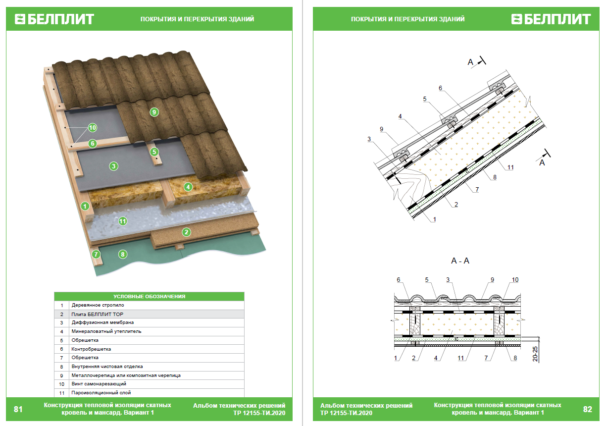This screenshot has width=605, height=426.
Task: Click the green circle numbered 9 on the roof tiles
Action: coord(154,112)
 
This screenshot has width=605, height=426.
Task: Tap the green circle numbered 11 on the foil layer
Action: coord(123,221)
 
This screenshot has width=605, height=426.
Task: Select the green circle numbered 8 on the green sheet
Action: coord(123,255)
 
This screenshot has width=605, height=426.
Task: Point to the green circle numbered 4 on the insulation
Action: coord(188,187)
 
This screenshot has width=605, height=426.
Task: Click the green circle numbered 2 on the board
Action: coord(186,231)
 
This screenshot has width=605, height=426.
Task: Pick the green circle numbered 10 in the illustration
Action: coord(92,128)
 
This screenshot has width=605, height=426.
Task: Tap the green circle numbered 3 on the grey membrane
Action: coord(114,166)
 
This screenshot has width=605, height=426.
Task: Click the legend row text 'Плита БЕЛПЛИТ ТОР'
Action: coord(98,314)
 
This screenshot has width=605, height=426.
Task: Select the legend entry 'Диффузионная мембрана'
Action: coord(102,322)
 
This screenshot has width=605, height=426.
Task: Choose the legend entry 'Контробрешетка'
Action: coord(91,349)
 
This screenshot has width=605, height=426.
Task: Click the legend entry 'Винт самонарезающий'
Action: coord(99,384)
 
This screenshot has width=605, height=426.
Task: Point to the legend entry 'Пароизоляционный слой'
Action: coord(101,392)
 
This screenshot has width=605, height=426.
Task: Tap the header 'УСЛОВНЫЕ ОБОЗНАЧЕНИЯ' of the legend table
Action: coord(149,296)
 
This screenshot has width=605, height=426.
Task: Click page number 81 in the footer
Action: coord(18,409)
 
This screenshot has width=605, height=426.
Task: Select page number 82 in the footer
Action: coord(587,409)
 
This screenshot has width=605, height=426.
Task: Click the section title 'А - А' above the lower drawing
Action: coord(460,261)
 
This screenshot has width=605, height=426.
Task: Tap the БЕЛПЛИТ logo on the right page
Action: coord(551,19)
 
